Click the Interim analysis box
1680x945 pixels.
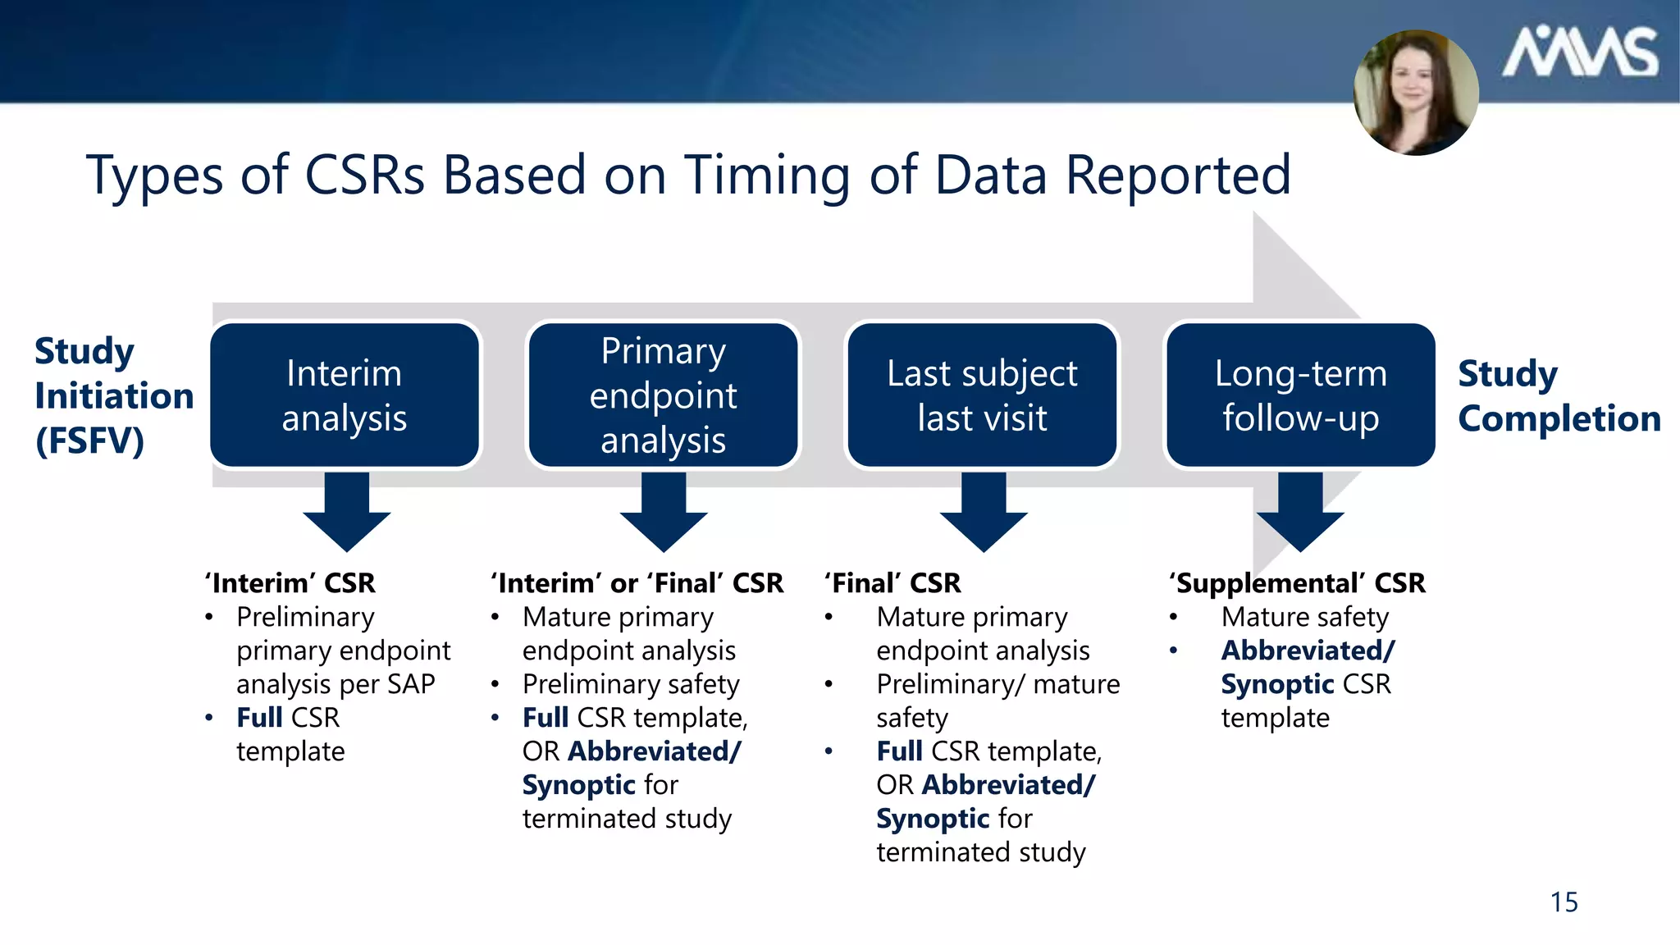point(345,395)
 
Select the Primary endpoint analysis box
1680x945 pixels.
point(663,395)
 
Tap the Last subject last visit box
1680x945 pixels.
point(982,395)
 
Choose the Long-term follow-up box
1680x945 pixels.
point(1300,395)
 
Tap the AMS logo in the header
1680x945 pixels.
point(1579,52)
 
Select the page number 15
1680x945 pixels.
point(1564,902)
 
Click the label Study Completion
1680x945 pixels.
point(1558,396)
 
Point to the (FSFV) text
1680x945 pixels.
point(89,441)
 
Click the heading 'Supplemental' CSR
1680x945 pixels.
point(1297,583)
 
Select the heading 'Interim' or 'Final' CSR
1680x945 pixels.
point(637,583)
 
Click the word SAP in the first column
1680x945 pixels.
point(407,684)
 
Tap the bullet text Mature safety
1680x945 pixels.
point(1304,617)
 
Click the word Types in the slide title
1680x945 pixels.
point(154,176)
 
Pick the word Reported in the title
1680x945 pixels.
point(1178,176)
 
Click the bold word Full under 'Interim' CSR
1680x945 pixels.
point(259,718)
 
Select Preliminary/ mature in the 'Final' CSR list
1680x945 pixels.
point(997,684)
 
